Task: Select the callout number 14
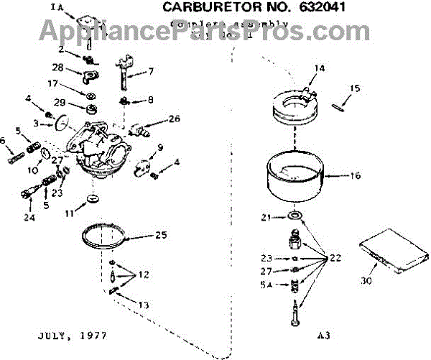click(x=319, y=68)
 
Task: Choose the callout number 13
click(x=144, y=305)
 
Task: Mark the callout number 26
click(x=174, y=119)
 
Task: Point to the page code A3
click(x=323, y=335)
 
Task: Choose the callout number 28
click(x=58, y=68)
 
